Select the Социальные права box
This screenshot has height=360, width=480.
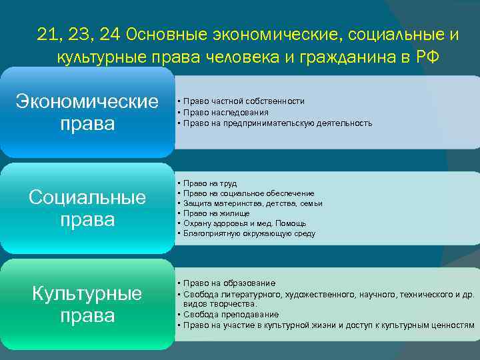click(87, 208)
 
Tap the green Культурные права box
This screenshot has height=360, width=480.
click(87, 304)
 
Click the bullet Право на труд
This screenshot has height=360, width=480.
click(209, 183)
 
